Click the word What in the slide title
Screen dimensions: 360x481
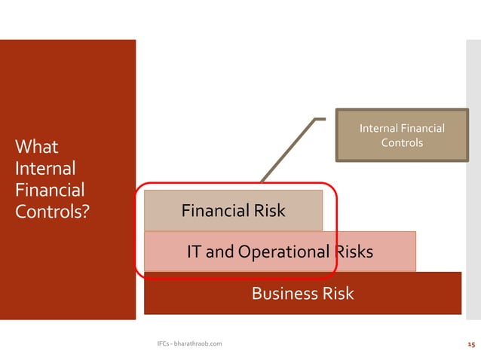pos(36,145)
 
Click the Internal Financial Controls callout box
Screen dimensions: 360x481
pos(402,136)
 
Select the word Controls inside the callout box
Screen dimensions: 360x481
pos(402,142)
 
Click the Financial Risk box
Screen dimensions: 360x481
pos(233,210)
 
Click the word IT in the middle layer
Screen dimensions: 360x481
pos(195,252)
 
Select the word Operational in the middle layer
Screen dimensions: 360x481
pos(283,252)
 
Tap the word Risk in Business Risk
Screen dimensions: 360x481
pos(336,293)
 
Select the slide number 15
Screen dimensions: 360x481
pos(470,343)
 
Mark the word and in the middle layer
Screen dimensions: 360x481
pos(219,252)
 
